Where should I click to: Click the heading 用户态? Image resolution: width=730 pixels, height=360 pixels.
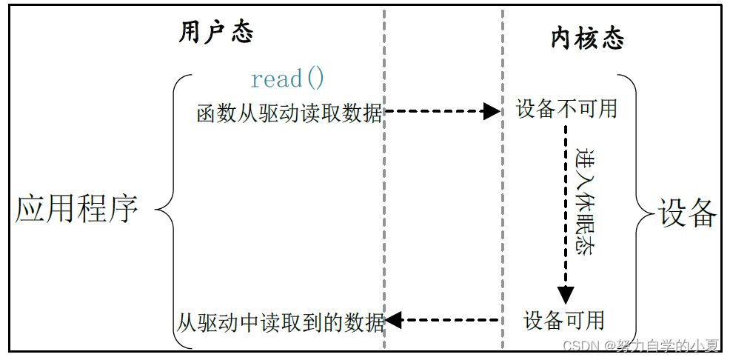[216, 33]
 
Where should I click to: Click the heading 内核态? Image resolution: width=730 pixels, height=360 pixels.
[587, 38]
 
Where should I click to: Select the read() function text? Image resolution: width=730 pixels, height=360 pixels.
[287, 79]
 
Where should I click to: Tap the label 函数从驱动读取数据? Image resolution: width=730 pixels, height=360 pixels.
[289, 113]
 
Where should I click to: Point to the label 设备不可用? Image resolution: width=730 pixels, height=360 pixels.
[566, 110]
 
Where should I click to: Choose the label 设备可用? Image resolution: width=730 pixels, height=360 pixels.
[564, 321]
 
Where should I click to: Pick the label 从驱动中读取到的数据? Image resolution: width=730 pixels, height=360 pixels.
[281, 322]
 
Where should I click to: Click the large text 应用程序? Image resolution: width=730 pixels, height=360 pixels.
[77, 209]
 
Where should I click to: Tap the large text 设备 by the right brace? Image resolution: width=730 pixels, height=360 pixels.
[688, 213]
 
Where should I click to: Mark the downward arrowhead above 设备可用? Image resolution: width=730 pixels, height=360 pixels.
[566, 295]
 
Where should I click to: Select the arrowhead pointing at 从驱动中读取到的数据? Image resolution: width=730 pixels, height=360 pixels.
[393, 321]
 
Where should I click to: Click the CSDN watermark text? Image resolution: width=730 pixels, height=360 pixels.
[641, 346]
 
